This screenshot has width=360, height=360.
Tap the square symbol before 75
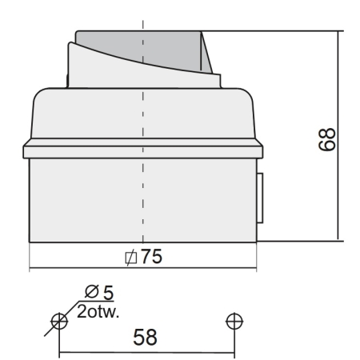click(132, 257)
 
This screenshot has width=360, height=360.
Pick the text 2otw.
click(98, 310)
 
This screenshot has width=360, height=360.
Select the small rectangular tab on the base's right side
click(259, 196)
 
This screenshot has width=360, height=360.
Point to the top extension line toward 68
click(272, 31)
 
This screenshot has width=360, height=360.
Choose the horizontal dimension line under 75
click(80, 266)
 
